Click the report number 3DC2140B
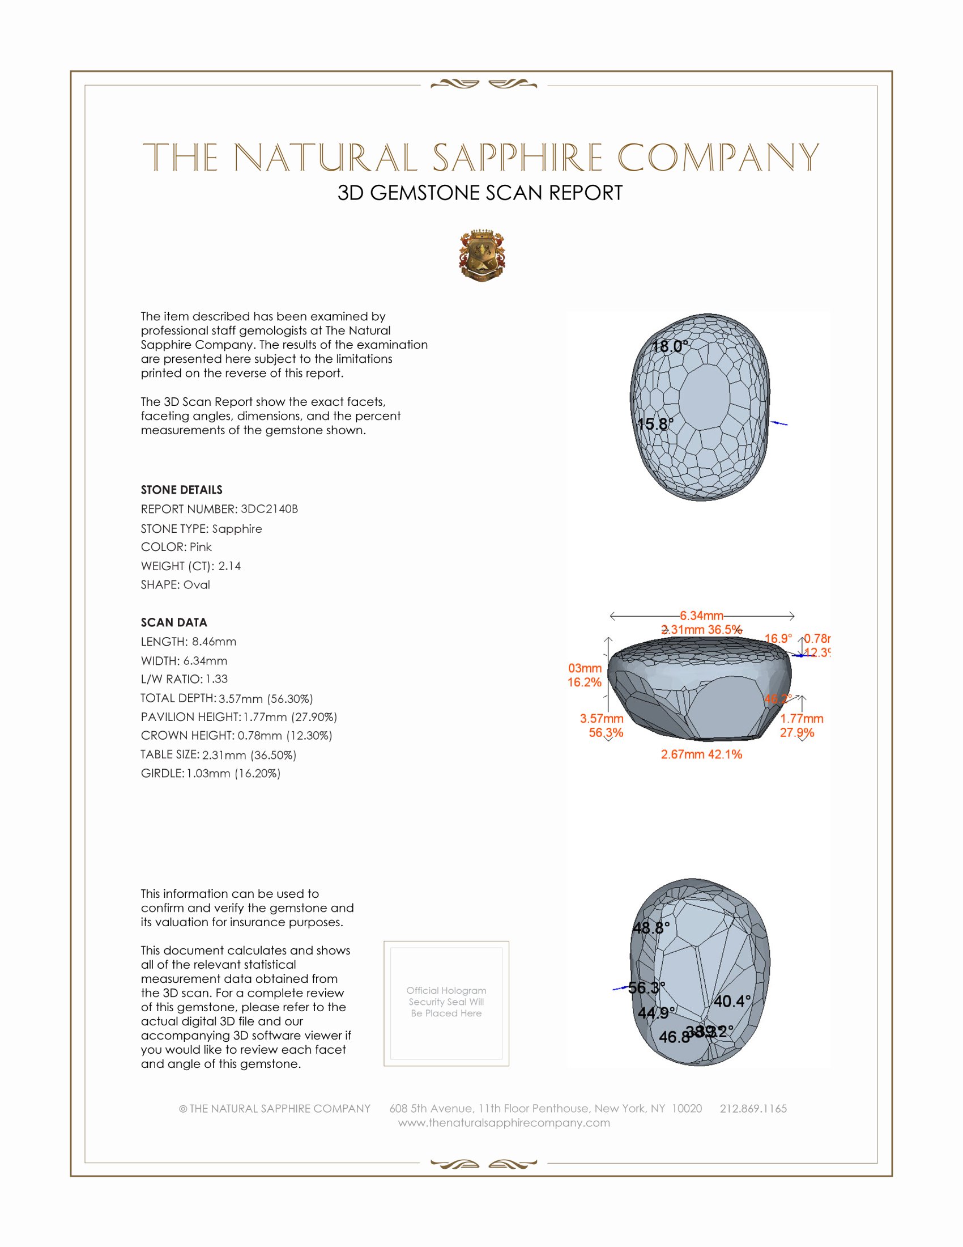point(269,509)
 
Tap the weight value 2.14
point(229,566)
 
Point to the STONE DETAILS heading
point(181,490)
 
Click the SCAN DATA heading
point(174,622)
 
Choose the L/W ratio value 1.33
point(216,679)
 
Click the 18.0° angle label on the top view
point(670,346)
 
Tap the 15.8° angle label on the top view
point(655,424)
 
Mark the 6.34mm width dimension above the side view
point(701,616)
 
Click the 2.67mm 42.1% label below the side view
point(701,754)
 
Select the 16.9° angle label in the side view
point(778,638)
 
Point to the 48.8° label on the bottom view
point(651,928)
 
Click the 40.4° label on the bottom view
point(732,1001)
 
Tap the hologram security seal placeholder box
point(446,1003)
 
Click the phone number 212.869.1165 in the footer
point(753,1108)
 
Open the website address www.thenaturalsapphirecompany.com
point(504,1122)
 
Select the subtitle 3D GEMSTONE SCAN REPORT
point(480,193)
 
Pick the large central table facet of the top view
point(705,398)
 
